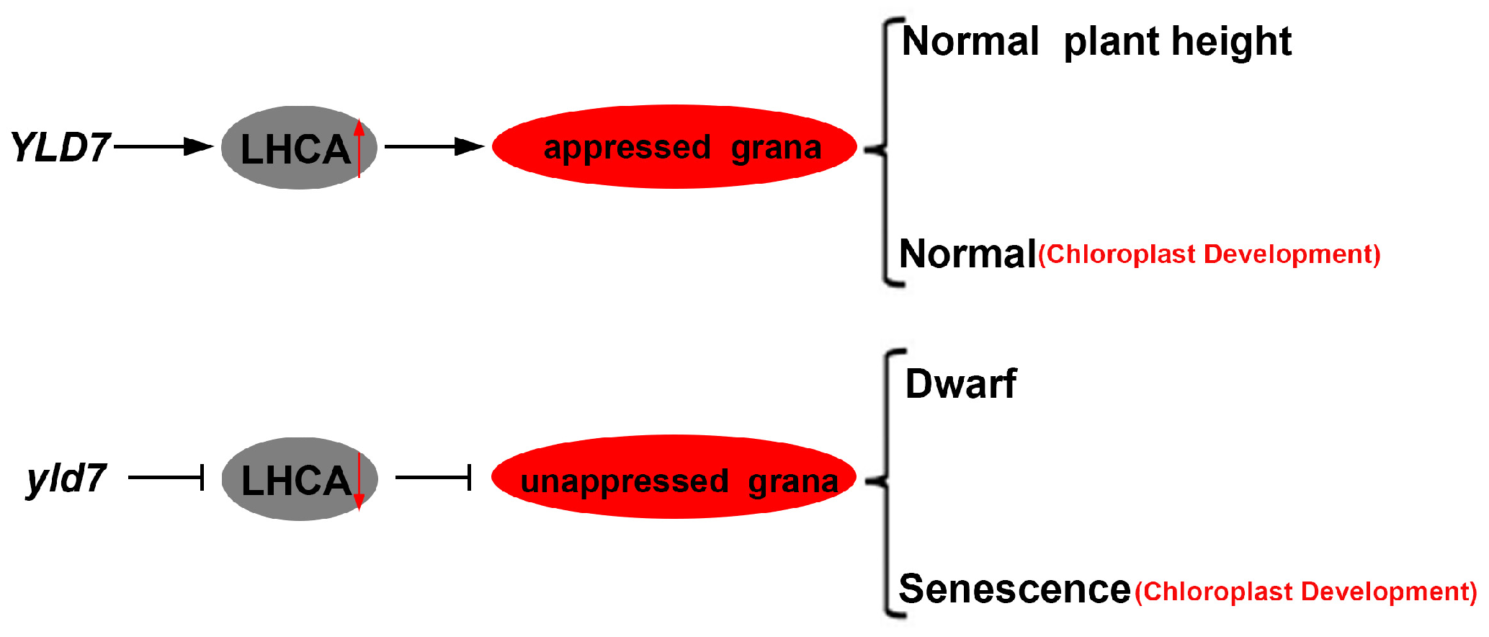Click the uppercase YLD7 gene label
(x=61, y=147)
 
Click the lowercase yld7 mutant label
(x=66, y=478)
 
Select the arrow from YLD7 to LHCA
(x=163, y=147)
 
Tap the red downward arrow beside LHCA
(x=359, y=481)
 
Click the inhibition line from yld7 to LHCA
(x=166, y=477)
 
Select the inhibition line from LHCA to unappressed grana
(x=433, y=477)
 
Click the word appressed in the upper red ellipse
(x=627, y=148)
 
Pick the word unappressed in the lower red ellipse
(x=624, y=481)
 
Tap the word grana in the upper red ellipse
(x=776, y=148)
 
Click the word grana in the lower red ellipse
(x=792, y=481)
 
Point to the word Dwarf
(x=960, y=383)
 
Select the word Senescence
(x=1014, y=589)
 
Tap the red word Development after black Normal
(x=1291, y=254)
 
